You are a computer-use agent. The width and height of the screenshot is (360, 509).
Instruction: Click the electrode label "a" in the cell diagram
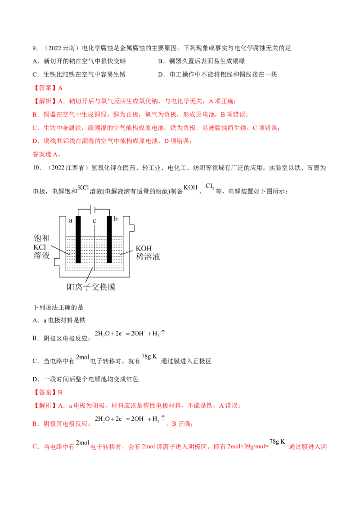click(70, 220)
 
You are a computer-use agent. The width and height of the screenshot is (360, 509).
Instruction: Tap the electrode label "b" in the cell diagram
click(117, 219)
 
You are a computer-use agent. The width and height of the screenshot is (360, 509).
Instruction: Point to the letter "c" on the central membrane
click(93, 221)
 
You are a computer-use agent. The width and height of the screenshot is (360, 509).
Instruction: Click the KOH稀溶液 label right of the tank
click(148, 252)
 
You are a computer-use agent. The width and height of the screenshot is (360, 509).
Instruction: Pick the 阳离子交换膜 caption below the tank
click(92, 286)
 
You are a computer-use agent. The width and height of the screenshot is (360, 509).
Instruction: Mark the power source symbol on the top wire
click(92, 207)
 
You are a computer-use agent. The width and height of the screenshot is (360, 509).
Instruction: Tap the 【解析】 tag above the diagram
click(44, 101)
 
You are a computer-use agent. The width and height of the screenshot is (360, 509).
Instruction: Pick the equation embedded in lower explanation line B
click(131, 421)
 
